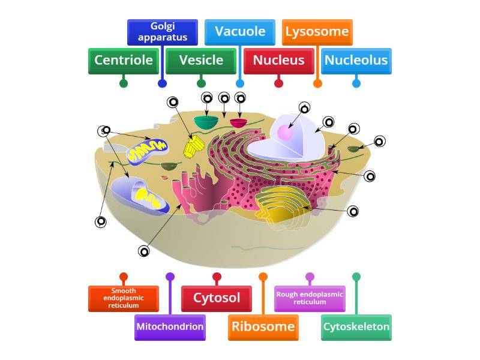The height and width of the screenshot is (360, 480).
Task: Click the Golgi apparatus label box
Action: pyautogui.click(x=162, y=32)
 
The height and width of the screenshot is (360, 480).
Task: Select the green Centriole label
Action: pyautogui.click(x=124, y=61)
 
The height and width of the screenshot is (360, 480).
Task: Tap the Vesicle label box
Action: pyautogui.click(x=201, y=61)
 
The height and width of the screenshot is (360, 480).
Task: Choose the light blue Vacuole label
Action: pyautogui.click(x=240, y=32)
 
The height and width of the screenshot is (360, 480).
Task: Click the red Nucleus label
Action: pyautogui.click(x=278, y=61)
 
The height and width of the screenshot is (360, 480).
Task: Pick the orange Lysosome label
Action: pyautogui.click(x=317, y=32)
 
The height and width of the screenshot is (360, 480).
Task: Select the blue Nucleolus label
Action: pyautogui.click(x=356, y=61)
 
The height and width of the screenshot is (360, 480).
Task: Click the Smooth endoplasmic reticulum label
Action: pyautogui.click(x=124, y=298)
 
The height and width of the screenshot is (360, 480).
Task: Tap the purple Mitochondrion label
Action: pyautogui.click(x=170, y=327)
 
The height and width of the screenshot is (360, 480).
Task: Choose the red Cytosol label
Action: pyautogui.click(x=217, y=298)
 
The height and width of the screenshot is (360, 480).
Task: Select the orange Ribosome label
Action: pyautogui.click(x=263, y=327)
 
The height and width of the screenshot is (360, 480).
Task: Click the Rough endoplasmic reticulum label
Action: pyautogui.click(x=310, y=298)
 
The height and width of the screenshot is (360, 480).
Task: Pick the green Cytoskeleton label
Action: pyautogui.click(x=356, y=327)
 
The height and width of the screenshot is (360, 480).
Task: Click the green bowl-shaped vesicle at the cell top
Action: pyautogui.click(x=206, y=122)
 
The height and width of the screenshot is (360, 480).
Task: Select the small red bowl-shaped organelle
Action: pyautogui.click(x=238, y=123)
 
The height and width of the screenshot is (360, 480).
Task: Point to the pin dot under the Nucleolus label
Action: pyautogui.click(x=356, y=83)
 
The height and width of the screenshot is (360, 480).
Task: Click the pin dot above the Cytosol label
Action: pyautogui.click(x=217, y=277)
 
